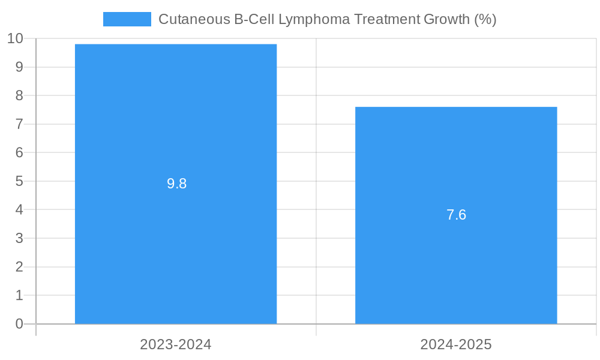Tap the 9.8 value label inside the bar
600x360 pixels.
pyautogui.click(x=177, y=184)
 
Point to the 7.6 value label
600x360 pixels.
pyautogui.click(x=456, y=215)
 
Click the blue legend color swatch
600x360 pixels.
pyautogui.click(x=127, y=19)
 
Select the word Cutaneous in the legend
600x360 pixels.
pyautogui.click(x=192, y=19)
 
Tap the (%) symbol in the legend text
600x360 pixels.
pyautogui.click(x=485, y=19)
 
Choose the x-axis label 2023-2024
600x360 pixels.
pyautogui.click(x=176, y=344)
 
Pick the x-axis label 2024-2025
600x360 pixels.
pyautogui.click(x=456, y=344)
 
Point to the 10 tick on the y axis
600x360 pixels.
pyautogui.click(x=15, y=38)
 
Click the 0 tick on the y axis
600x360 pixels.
pyautogui.click(x=19, y=324)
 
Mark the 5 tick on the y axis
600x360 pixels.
pyautogui.click(x=19, y=181)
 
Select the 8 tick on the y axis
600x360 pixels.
pyautogui.click(x=19, y=95)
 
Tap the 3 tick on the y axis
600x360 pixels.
pyautogui.click(x=19, y=238)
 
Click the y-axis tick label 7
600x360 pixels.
pyautogui.click(x=19, y=124)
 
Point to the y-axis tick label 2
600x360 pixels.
pyautogui.click(x=19, y=267)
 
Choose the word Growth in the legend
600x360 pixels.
pyautogui.click(x=446, y=19)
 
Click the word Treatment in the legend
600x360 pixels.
pyautogui.click(x=388, y=19)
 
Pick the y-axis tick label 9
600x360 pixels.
pyautogui.click(x=19, y=67)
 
